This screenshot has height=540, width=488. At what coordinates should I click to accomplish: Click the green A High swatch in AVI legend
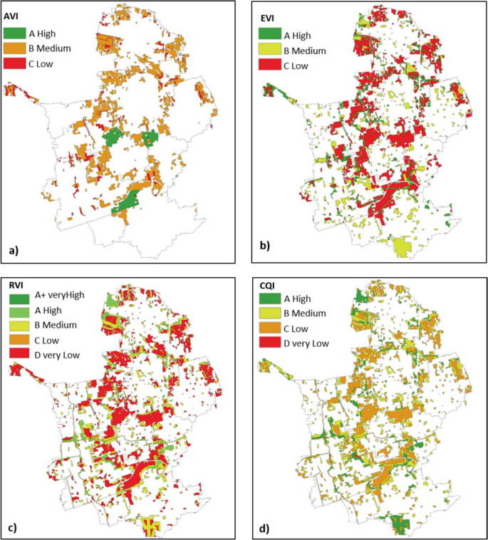14,33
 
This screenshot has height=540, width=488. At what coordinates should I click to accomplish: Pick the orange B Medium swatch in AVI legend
14,48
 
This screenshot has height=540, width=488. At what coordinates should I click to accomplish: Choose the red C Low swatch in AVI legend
14,64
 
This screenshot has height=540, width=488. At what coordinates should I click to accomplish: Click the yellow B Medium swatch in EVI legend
269,50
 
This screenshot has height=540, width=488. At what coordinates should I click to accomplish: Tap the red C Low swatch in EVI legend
269,66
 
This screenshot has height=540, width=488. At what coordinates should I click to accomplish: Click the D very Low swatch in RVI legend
19,352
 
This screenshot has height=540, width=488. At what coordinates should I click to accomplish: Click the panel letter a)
14,250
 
